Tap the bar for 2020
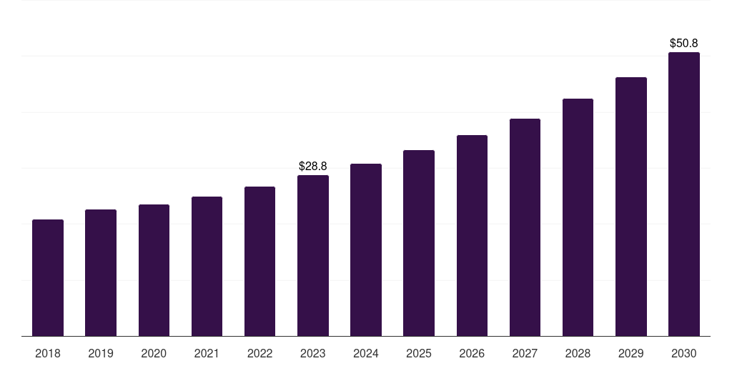[154, 270]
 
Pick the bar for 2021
[207, 266]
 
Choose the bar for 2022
[259, 261]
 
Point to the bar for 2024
[366, 249]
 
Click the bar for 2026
[472, 235]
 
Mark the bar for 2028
[578, 217]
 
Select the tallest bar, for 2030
[684, 194]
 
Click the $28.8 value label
[312, 166]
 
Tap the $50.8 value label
[683, 44]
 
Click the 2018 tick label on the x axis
[48, 353]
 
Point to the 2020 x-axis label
[154, 353]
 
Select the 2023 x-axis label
[312, 353]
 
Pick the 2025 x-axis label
[419, 353]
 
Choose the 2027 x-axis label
[525, 353]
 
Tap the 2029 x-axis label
[630, 353]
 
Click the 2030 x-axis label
[684, 353]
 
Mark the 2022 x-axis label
[259, 353]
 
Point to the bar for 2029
[631, 207]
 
